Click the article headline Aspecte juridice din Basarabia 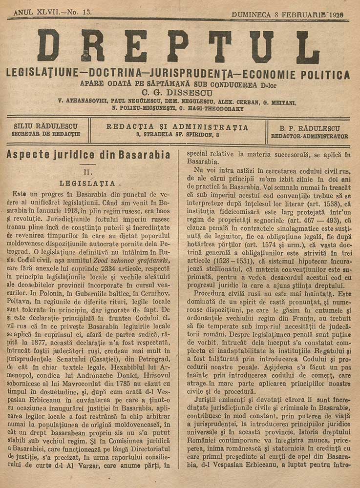pyautogui.click(x=88, y=156)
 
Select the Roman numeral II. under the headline pyautogui.click(x=88, y=172)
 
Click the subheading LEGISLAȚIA pyautogui.click(x=88, y=183)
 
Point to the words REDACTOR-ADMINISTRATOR pyautogui.click(x=310, y=136)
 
